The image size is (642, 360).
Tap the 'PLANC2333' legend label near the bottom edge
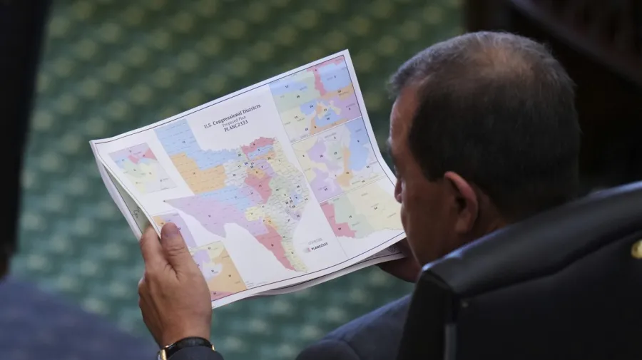coord(317,247)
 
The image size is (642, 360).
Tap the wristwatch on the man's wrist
coord(184,348)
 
